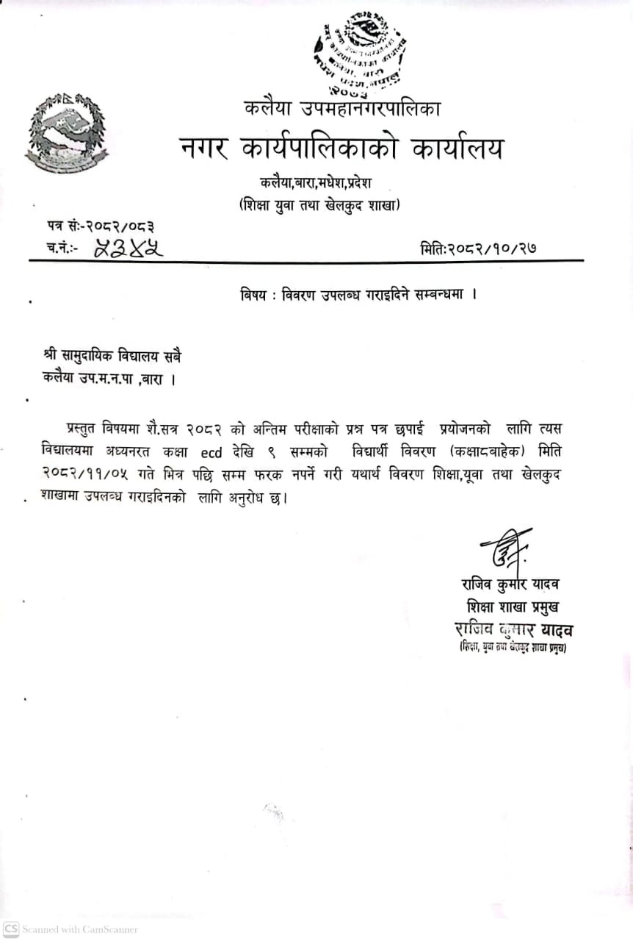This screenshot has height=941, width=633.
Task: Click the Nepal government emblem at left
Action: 66,134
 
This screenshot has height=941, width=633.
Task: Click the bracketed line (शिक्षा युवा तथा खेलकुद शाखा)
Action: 319,206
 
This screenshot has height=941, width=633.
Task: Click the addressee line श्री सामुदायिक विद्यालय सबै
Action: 112,356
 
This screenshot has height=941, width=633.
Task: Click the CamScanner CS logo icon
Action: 10,929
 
